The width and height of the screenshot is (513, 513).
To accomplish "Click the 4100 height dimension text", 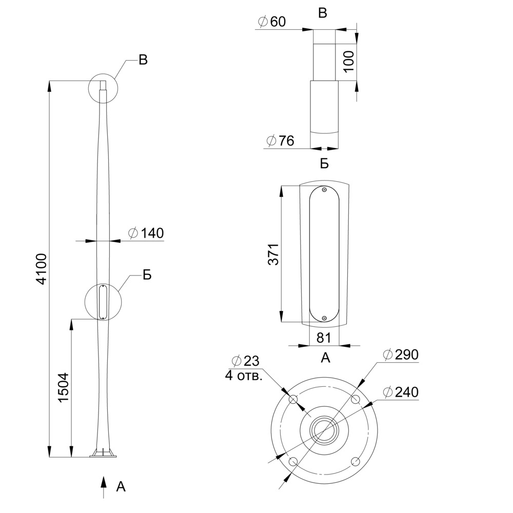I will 42,268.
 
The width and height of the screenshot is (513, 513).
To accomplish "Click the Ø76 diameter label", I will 281,141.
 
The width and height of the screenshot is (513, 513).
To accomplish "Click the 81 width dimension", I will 324,338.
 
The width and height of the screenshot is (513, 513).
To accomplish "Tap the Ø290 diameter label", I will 401,354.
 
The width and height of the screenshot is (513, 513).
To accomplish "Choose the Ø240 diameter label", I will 401,392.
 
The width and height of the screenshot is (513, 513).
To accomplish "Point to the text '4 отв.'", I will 244,376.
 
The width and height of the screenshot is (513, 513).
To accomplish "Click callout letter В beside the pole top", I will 143,60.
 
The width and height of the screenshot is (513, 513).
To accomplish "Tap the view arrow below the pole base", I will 104,486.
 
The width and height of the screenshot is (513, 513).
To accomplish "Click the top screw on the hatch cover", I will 324,190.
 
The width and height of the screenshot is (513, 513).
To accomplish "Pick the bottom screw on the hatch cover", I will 324,319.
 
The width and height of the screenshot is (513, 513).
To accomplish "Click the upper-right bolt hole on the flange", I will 354,399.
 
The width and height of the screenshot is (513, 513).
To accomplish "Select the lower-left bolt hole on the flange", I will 293,462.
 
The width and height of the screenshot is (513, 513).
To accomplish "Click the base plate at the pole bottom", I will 104,455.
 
